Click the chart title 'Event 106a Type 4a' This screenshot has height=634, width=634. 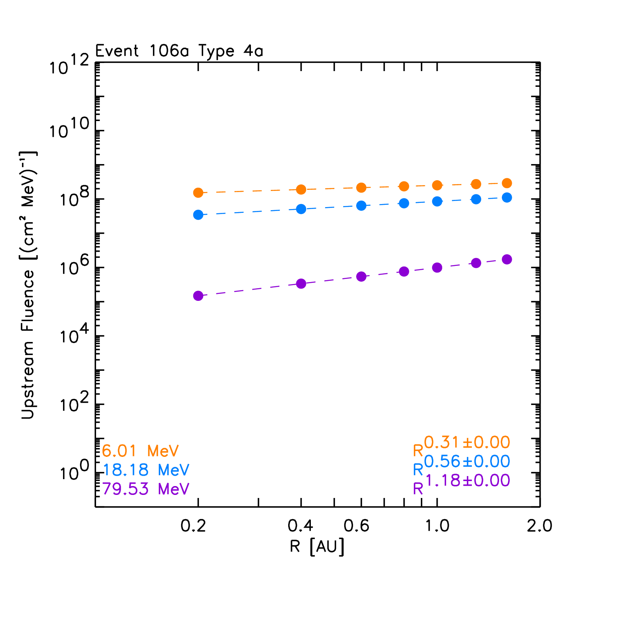click(x=179, y=51)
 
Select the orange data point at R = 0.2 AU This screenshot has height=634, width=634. click(x=198, y=193)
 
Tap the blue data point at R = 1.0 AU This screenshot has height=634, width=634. click(x=437, y=201)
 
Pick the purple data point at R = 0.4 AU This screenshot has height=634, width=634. click(x=301, y=284)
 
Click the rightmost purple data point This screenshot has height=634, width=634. click(x=507, y=259)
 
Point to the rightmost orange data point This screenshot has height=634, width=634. click(x=507, y=183)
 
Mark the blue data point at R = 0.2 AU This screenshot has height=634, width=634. click(x=198, y=215)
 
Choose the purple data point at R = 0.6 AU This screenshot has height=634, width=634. click(x=361, y=276)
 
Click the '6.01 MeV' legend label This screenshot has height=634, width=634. click(x=140, y=451)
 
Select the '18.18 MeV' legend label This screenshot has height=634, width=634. click(x=146, y=470)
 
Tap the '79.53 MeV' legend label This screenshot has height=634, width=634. click(x=146, y=489)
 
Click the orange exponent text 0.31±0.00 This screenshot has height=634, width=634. click(x=467, y=443)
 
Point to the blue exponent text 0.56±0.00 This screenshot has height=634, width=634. click(x=467, y=461)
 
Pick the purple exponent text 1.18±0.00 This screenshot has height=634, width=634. click(x=467, y=480)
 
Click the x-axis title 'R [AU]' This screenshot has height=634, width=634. click(x=317, y=546)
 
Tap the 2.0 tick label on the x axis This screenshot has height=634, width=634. click(x=539, y=526)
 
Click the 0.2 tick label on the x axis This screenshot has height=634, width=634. click(x=193, y=526)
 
